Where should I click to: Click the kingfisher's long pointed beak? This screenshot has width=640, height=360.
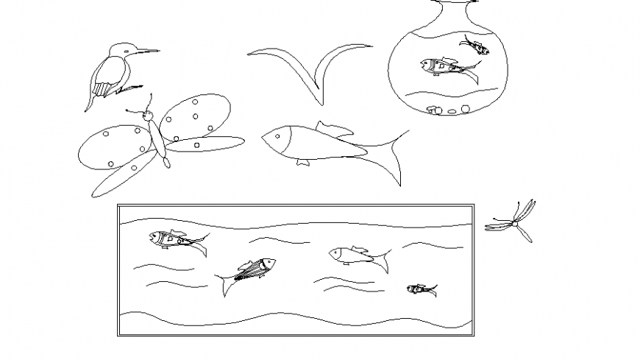[x=146, y=51]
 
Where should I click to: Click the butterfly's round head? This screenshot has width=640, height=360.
[x=148, y=116]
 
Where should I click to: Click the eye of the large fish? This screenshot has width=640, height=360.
[x=275, y=135]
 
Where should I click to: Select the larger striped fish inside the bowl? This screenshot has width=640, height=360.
[x=446, y=68]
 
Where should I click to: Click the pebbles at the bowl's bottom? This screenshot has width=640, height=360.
[x=446, y=111]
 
